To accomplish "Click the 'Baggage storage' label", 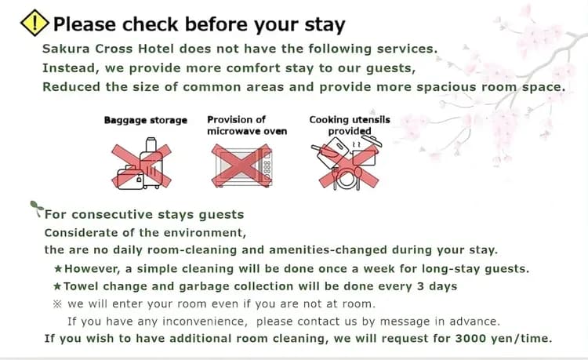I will click(146, 120).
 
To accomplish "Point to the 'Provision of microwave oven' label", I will click(247, 125).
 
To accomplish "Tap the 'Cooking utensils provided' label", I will click(350, 125).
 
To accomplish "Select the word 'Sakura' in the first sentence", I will click(66, 49).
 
